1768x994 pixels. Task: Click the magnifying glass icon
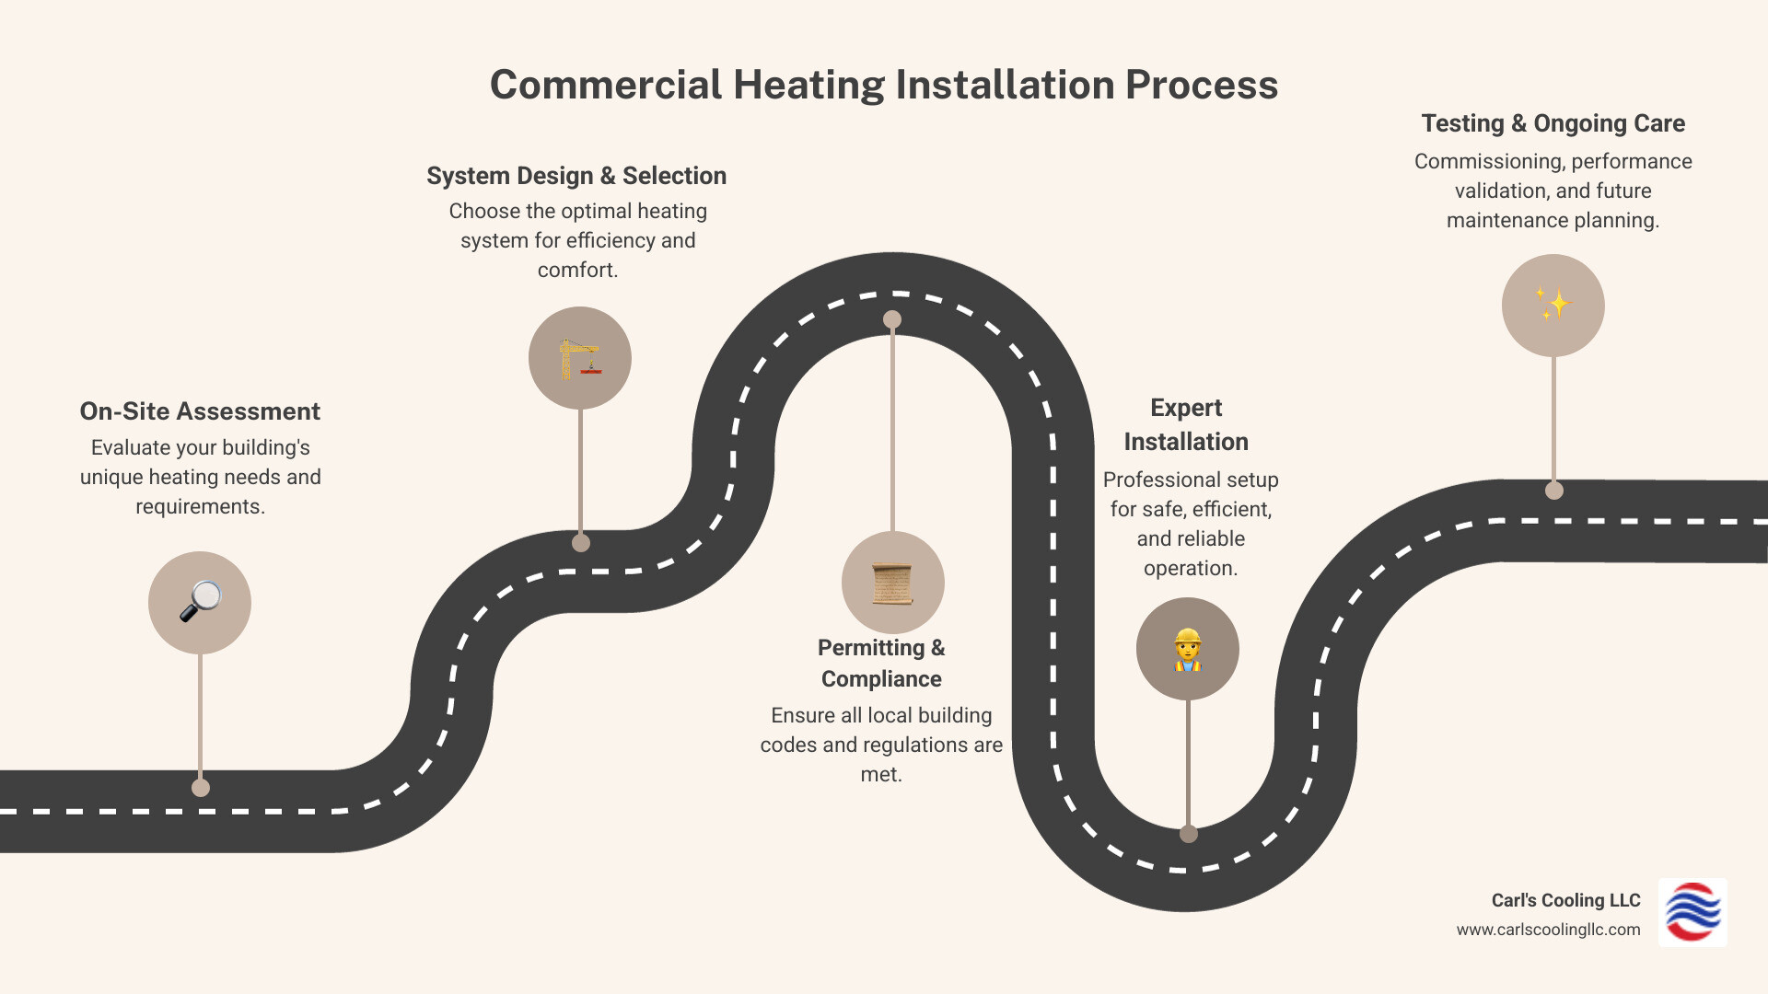tap(200, 602)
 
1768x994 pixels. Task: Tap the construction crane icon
tap(579, 358)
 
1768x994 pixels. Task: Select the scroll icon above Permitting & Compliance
tap(892, 583)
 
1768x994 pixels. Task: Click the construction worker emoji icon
tap(1187, 649)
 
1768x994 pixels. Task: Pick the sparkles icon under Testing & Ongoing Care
tap(1553, 305)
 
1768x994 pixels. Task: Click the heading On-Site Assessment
tap(200, 411)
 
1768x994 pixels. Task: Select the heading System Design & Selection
tap(576, 176)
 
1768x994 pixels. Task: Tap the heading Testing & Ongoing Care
tap(1553, 123)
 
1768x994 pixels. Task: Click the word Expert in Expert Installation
tap(1186, 408)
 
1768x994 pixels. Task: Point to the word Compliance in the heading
tap(881, 679)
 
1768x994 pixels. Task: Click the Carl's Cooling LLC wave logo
tap(1692, 912)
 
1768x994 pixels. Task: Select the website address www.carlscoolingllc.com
tap(1548, 930)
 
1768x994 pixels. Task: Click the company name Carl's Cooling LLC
tap(1565, 900)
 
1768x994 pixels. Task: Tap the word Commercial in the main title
tap(606, 85)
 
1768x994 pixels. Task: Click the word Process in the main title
tap(1201, 85)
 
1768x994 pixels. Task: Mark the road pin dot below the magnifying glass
tap(201, 788)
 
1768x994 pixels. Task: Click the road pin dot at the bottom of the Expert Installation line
tap(1189, 834)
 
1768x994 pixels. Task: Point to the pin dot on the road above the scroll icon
tap(892, 319)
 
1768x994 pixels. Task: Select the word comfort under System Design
tap(576, 271)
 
